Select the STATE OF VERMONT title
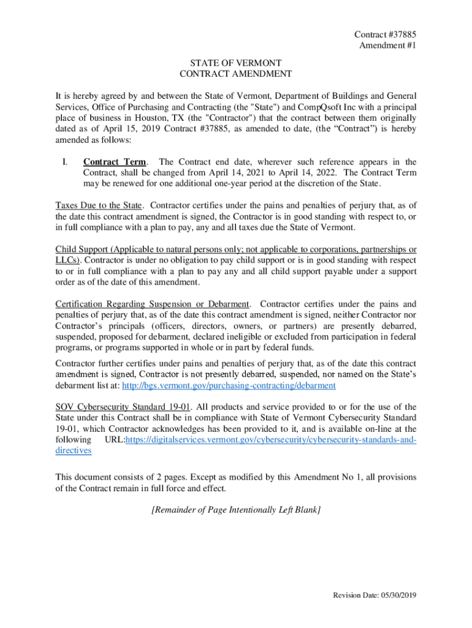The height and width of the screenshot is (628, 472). (x=235, y=63)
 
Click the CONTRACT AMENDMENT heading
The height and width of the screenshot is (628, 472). (x=235, y=74)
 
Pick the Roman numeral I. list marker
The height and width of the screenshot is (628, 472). (x=64, y=162)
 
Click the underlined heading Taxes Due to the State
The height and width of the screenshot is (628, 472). (x=100, y=205)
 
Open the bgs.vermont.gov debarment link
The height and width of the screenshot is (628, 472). (x=229, y=386)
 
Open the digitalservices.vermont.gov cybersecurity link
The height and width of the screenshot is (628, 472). (x=270, y=440)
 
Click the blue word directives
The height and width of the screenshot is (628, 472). (x=74, y=451)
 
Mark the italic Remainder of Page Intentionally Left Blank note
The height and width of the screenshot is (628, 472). (x=236, y=510)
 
